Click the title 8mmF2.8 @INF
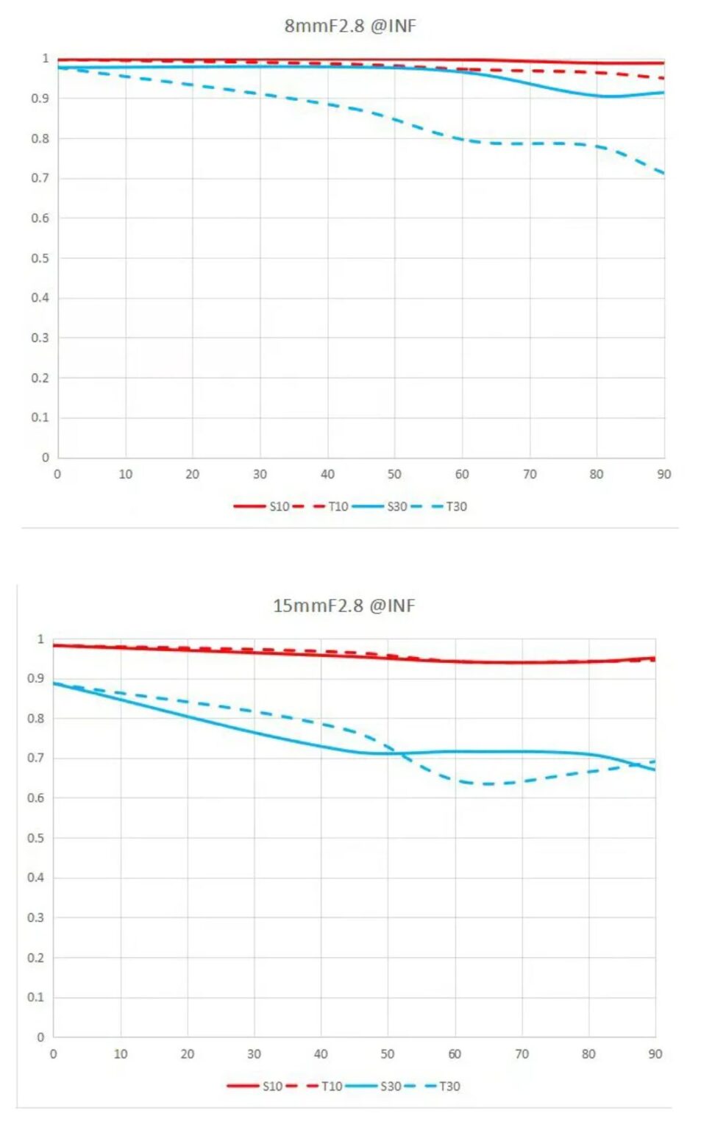click(350, 26)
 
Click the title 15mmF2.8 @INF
click(344, 605)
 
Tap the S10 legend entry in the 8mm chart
click(279, 506)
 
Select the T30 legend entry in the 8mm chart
click(456, 506)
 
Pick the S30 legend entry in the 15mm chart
click(391, 1086)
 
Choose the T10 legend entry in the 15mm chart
click(332, 1086)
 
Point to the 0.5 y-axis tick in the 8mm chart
click(40, 258)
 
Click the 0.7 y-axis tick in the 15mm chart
click(35, 758)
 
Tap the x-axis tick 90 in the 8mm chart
click(664, 475)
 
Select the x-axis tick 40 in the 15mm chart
click(321, 1054)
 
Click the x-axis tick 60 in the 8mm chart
click(462, 475)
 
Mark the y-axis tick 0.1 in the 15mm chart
click(35, 998)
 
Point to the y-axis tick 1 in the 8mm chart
click(46, 58)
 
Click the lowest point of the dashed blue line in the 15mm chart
click(487, 784)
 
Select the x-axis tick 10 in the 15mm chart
click(121, 1054)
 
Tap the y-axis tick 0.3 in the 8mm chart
click(40, 338)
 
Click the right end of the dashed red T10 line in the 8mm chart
click(663, 78)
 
